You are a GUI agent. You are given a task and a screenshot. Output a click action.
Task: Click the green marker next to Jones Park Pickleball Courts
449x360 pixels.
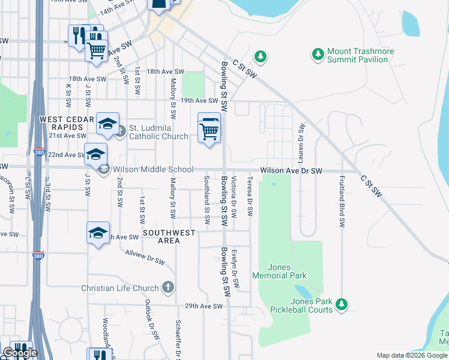pos(342,304)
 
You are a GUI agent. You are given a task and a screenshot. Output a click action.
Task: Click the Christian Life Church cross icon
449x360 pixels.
pos(169,287)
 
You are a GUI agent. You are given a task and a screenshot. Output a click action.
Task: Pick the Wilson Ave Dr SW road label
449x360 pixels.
pos(291,171)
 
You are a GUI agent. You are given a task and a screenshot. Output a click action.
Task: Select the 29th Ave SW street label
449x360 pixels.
pos(204,306)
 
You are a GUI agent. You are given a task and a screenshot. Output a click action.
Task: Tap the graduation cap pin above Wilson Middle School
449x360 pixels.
pos(95,154)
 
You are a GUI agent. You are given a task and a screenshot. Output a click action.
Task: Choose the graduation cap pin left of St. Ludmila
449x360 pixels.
pos(107,124)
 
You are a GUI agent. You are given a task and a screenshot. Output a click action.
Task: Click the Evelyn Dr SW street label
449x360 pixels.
pos(235,268)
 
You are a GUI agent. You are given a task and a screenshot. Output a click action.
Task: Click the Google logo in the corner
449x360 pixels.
pos(20,353)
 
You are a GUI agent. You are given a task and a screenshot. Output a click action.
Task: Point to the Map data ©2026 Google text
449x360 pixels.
pos(411,355)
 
